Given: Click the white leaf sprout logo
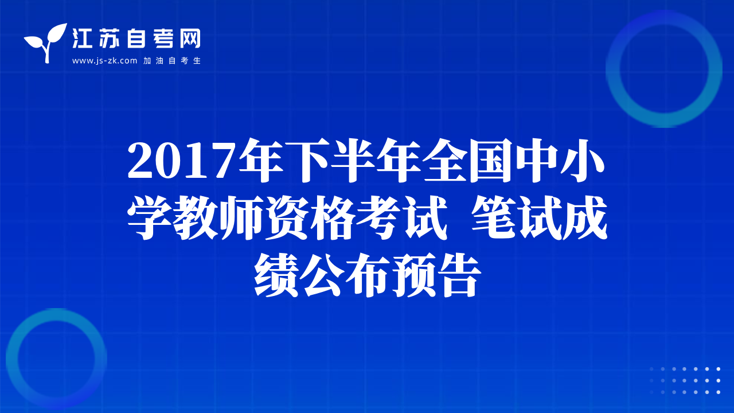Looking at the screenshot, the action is (x=45, y=42).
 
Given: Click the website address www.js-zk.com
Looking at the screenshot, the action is (x=104, y=61).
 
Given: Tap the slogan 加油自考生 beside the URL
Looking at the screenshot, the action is (x=172, y=61).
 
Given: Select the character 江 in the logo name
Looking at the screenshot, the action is (x=82, y=38).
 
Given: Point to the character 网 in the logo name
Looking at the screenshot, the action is (x=190, y=38).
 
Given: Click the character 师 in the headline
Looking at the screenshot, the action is (x=241, y=217).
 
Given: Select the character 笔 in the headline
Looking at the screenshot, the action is (x=494, y=217).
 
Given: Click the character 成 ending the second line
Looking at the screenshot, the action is (x=585, y=217).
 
